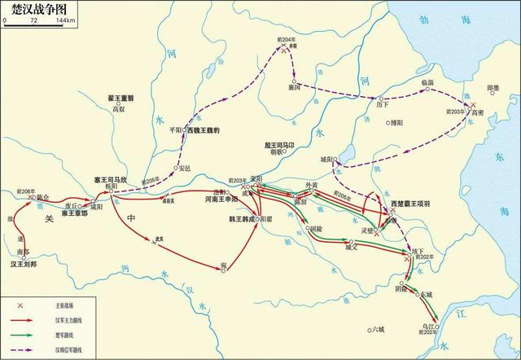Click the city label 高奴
(120, 108)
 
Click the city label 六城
(376, 329)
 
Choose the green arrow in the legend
(25, 333)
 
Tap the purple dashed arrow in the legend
(25, 348)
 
